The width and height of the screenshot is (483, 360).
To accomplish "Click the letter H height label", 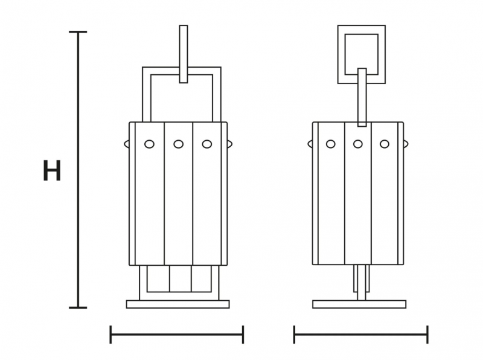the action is (x=52, y=170).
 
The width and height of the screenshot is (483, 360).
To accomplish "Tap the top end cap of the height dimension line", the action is (x=78, y=32).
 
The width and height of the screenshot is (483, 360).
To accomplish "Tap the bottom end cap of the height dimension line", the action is (x=78, y=307).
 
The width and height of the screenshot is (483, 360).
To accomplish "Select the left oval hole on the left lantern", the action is (x=149, y=144).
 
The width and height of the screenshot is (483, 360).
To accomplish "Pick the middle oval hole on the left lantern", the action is (x=178, y=144).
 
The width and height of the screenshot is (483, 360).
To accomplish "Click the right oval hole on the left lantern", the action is (x=207, y=144).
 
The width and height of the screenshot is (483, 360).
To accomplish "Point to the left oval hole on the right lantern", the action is (x=330, y=144).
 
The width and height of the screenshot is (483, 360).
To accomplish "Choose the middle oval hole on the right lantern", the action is (x=357, y=144).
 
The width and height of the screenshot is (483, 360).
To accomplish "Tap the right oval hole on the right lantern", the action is (x=385, y=144).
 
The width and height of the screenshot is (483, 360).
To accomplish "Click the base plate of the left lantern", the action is (x=178, y=304).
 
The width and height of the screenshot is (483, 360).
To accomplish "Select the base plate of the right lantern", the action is (x=359, y=304).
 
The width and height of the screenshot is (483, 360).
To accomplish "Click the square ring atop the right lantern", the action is (x=361, y=30).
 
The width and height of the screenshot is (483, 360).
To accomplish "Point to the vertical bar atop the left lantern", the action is (x=184, y=54).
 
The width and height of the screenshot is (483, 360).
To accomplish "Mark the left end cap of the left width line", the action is (x=110, y=335).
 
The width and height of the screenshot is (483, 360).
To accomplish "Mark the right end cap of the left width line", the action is (x=243, y=335).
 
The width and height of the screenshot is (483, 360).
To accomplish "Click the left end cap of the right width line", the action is (x=294, y=335).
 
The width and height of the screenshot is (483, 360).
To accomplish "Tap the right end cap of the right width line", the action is (x=427, y=335).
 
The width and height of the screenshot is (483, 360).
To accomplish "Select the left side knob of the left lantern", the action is (x=127, y=144).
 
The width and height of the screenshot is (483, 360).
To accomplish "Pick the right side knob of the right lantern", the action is (x=406, y=144).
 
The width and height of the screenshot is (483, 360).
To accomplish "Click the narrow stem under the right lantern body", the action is (x=361, y=282).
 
